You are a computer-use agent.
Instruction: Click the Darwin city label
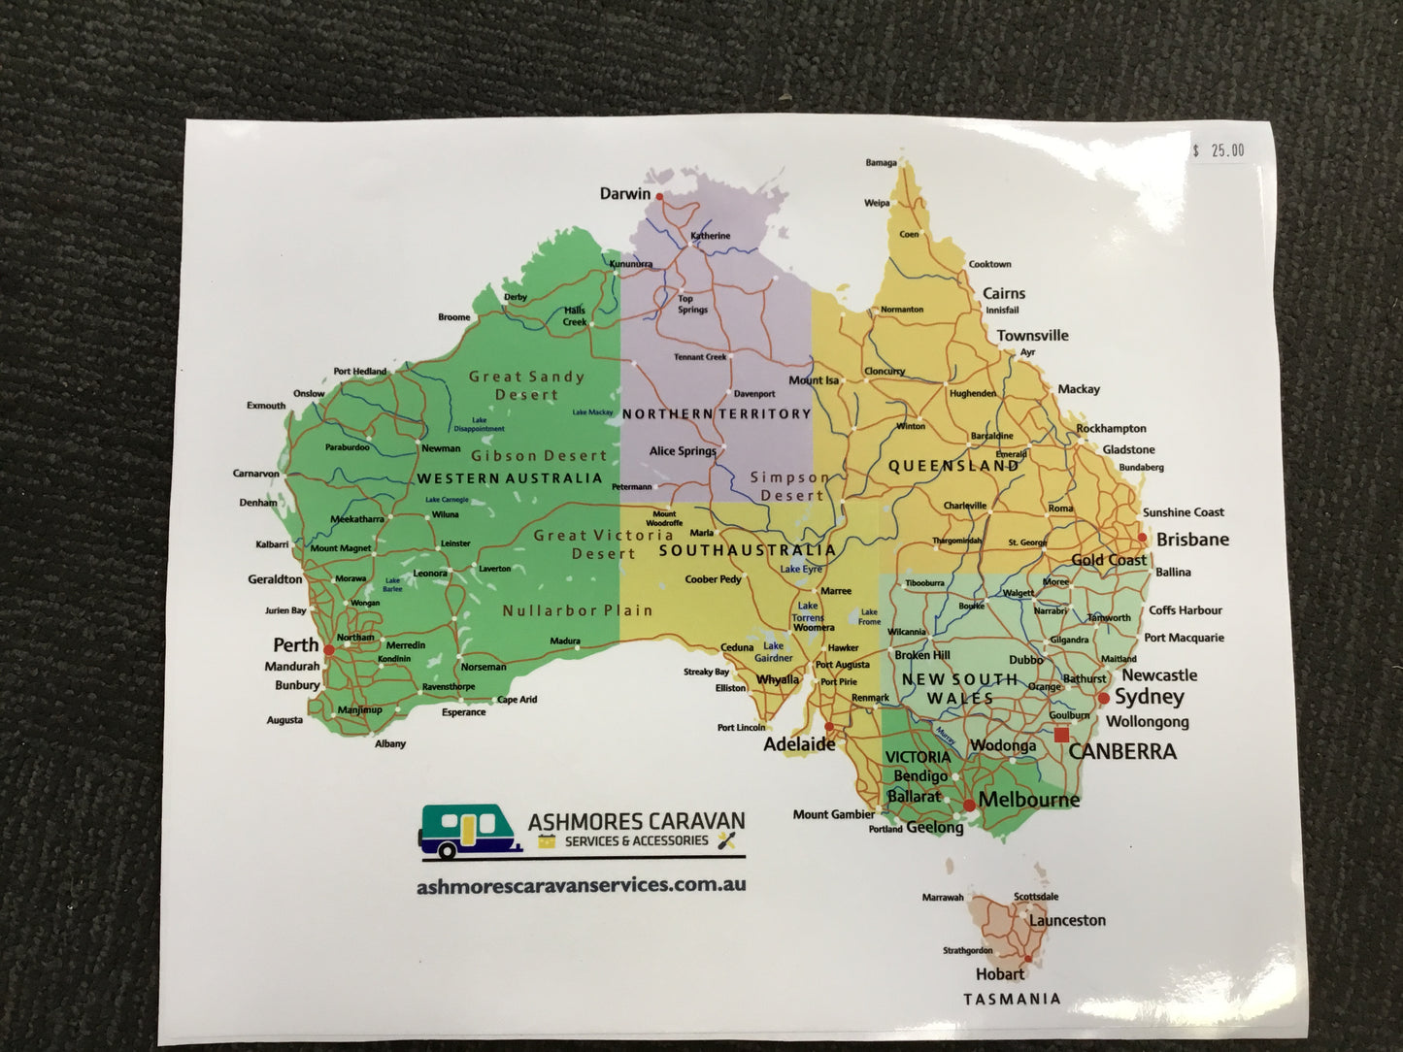point(624,194)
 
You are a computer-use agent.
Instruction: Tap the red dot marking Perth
point(329,650)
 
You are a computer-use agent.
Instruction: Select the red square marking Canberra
point(1061,735)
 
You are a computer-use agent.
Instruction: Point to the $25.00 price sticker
point(1219,150)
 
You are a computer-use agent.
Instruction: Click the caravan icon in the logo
point(470,833)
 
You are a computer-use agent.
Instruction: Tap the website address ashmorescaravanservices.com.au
point(581,885)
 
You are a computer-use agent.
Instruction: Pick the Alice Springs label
point(683,451)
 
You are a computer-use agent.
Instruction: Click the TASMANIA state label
point(1012,999)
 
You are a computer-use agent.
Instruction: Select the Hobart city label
point(999,973)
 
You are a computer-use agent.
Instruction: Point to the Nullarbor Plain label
point(578,610)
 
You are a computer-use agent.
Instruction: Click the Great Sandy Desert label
point(526,385)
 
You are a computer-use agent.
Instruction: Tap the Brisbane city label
point(1192,540)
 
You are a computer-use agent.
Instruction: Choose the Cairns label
point(1004,293)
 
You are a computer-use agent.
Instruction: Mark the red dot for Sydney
point(1103,698)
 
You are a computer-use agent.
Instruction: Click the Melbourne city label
point(1029,800)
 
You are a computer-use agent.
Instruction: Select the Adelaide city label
point(799,744)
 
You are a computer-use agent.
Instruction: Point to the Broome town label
point(453,317)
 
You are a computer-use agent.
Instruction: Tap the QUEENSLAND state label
point(954,466)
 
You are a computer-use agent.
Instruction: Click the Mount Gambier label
point(833,814)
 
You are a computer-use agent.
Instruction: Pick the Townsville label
point(1032,336)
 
